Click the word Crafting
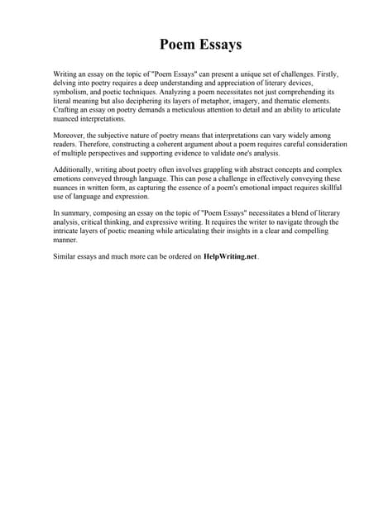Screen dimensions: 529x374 69,110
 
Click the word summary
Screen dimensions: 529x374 77,214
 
